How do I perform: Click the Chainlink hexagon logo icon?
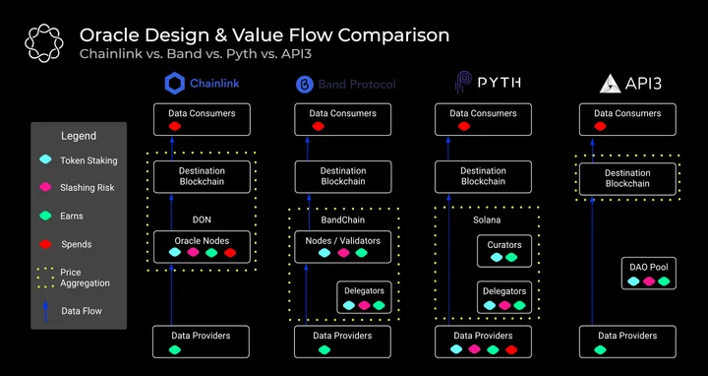(175, 84)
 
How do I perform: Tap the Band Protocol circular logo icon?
(304, 85)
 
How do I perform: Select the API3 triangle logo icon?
(610, 84)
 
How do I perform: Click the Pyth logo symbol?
(463, 83)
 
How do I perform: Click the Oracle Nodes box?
(202, 247)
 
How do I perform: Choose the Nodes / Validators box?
(343, 247)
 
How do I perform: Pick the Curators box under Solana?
(504, 251)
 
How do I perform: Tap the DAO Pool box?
(649, 274)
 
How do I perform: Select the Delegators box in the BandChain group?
(364, 297)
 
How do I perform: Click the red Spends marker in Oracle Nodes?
(230, 253)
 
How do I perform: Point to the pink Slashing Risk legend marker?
(45, 187)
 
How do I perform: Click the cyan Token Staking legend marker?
(45, 159)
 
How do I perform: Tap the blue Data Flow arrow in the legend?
(45, 311)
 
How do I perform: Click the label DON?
(202, 220)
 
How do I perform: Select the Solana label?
(487, 220)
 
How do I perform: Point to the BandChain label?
(343, 220)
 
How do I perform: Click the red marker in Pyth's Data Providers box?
(511, 349)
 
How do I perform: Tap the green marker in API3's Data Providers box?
(600, 349)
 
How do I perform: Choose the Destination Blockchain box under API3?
(627, 179)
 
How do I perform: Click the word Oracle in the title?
(107, 35)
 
